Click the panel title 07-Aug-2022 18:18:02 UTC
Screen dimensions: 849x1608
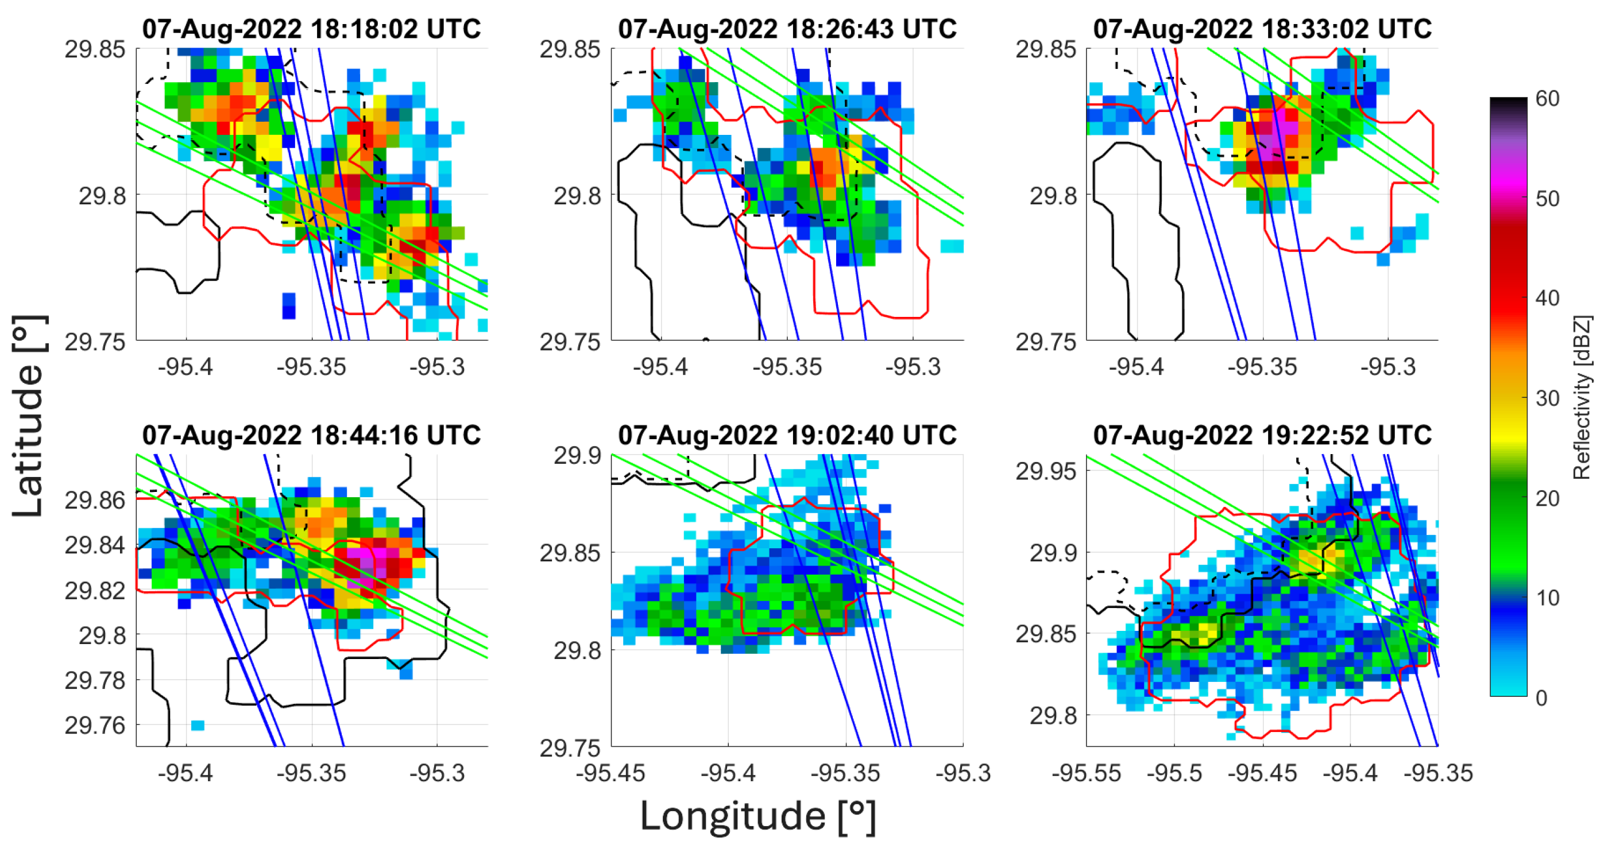pos(311,29)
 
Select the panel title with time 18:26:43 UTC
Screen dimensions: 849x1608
pos(787,29)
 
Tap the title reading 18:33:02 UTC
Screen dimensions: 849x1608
pos(1262,29)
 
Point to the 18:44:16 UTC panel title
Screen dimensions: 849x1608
pos(311,435)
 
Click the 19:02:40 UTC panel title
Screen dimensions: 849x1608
pos(787,435)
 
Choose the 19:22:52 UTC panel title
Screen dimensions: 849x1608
pos(1262,435)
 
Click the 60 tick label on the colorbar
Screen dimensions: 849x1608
pos(1547,99)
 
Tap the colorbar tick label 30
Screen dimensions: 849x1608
pos(1547,398)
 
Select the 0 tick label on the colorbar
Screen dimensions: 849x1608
pos(1541,697)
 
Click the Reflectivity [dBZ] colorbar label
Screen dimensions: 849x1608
pos(1582,397)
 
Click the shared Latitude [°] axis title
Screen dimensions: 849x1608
pos(29,416)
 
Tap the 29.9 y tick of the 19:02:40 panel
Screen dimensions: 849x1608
pos(576,456)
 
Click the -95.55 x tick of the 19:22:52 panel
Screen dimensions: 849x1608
pos(1087,773)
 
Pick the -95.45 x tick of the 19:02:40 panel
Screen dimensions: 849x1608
pos(610,773)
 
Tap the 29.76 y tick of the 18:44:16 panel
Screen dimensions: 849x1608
pos(95,726)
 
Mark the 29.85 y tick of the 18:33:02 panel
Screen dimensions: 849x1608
pos(1046,49)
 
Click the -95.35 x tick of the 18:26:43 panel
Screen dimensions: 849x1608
pos(787,367)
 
